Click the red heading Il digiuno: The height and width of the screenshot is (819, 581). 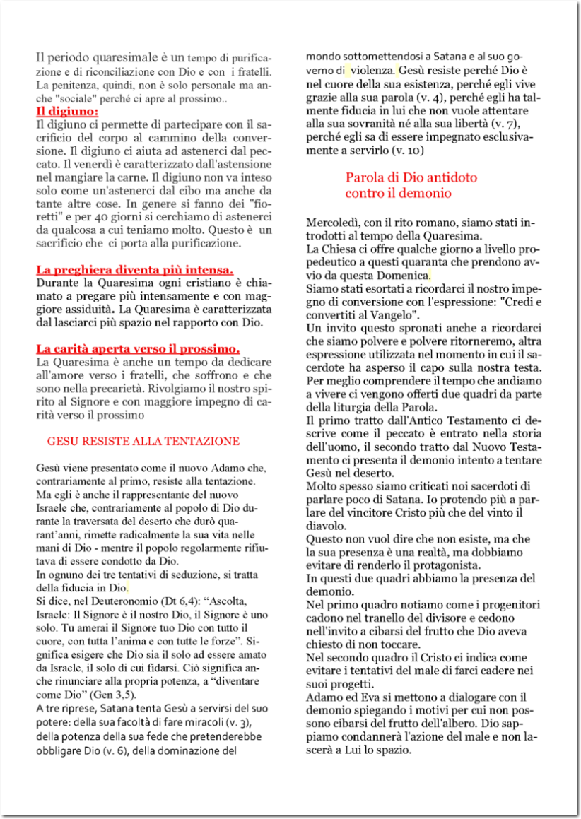[67, 112]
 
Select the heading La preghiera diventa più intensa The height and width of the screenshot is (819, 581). [134, 270]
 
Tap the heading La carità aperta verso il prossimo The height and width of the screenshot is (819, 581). [138, 349]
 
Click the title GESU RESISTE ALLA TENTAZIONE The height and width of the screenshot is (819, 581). [143, 442]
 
